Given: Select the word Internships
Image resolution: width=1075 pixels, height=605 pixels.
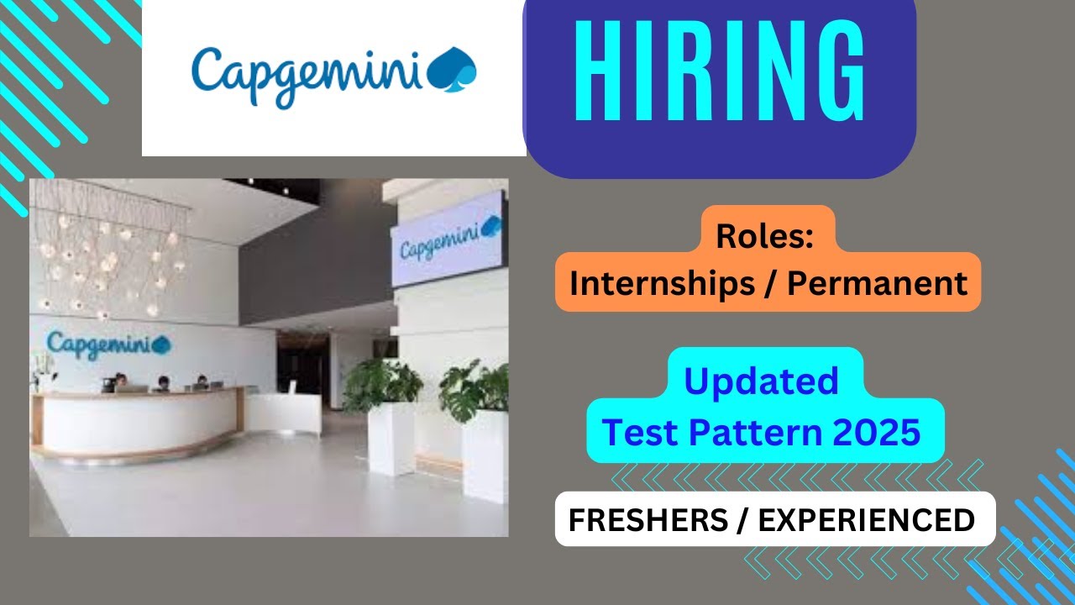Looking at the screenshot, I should point(663,284).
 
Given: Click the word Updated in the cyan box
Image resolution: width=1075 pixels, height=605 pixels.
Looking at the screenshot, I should point(761,381).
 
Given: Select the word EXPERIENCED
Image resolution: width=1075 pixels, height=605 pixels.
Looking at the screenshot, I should point(867,520).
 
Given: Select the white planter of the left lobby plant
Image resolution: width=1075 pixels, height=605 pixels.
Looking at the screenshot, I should point(391,437).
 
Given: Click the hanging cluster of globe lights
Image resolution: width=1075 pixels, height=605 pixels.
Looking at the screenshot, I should point(109,252).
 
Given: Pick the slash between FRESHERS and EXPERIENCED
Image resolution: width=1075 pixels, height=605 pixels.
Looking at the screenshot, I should point(743,520).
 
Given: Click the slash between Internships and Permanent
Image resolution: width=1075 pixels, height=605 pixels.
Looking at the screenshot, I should point(769,284).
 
